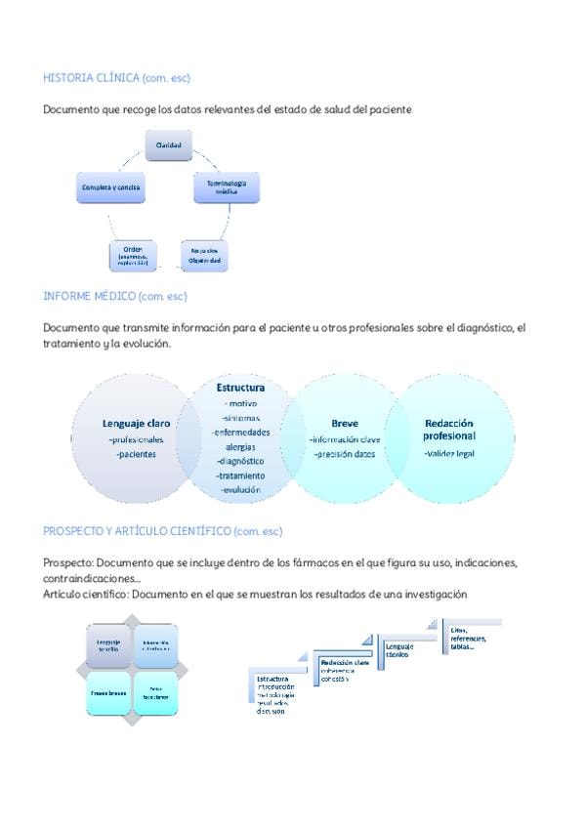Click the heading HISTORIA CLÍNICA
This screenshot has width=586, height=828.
(x=91, y=76)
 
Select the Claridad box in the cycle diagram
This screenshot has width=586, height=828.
(x=168, y=145)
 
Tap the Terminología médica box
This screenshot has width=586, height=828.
(x=227, y=187)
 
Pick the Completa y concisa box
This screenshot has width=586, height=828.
(x=111, y=187)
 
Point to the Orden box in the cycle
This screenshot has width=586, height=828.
(x=131, y=256)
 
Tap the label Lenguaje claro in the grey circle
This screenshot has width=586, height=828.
(x=136, y=424)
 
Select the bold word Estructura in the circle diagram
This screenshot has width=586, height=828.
(x=241, y=388)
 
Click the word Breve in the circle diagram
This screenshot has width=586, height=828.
(x=345, y=424)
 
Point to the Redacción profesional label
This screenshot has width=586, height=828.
(x=450, y=430)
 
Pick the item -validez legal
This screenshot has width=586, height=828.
(x=449, y=454)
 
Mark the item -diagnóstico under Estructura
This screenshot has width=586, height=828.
(x=241, y=461)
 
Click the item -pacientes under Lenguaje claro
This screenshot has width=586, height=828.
(x=136, y=454)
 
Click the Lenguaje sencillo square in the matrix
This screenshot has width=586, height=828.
(x=108, y=645)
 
